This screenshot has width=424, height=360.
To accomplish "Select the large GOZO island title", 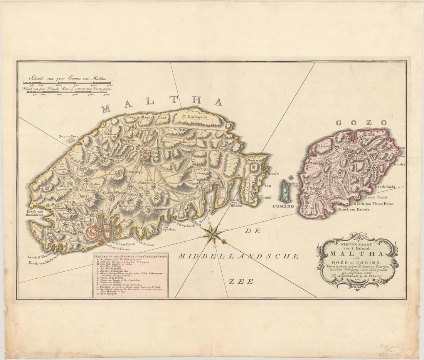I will (x=361, y=123).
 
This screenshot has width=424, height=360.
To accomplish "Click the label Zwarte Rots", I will (x=68, y=136).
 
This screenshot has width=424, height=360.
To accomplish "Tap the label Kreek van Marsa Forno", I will (x=374, y=203).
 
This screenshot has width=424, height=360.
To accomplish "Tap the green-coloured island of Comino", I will (x=286, y=191).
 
